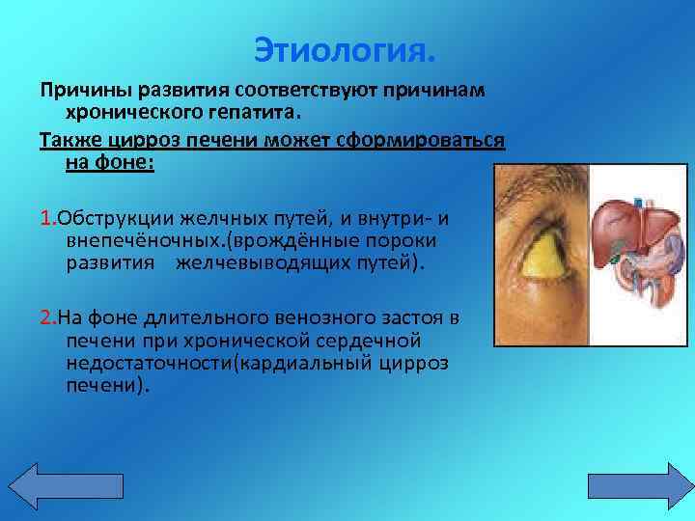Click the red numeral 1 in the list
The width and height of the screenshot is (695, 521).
44,217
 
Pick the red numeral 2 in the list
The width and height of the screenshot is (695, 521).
45,317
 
